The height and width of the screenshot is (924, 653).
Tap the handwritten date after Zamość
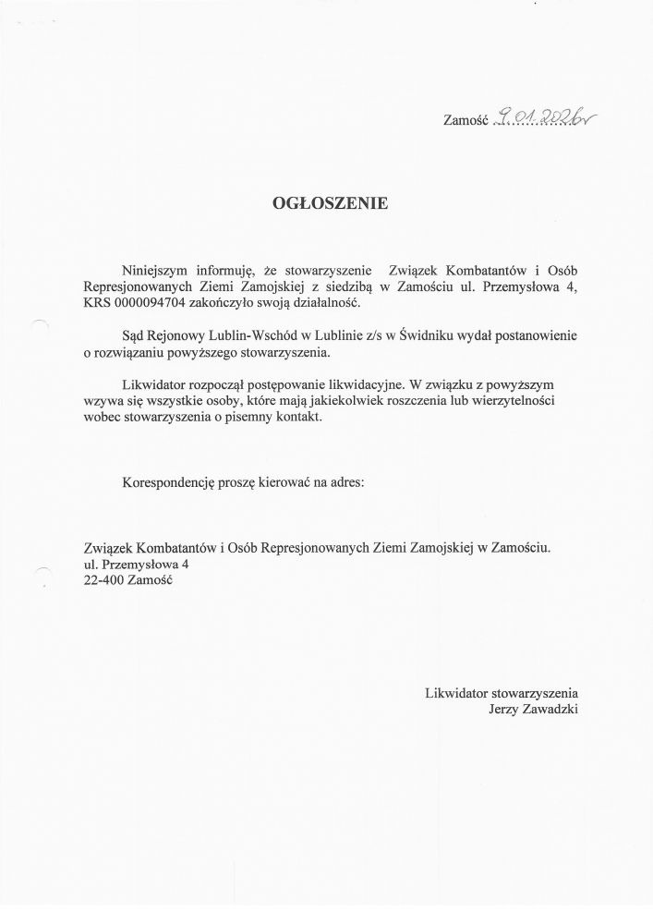tap(546, 117)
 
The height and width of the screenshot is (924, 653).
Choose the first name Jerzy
tap(507, 709)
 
